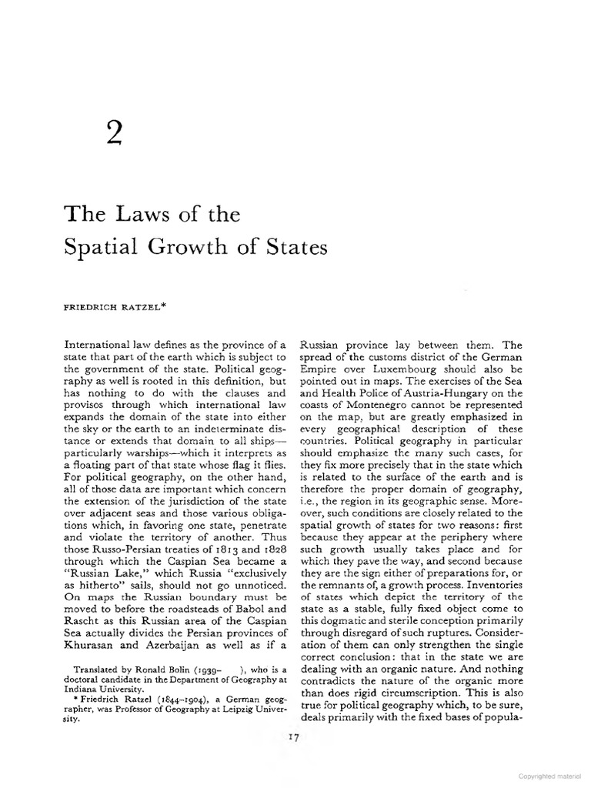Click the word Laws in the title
click(x=138, y=215)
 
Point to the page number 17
click(x=292, y=736)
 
